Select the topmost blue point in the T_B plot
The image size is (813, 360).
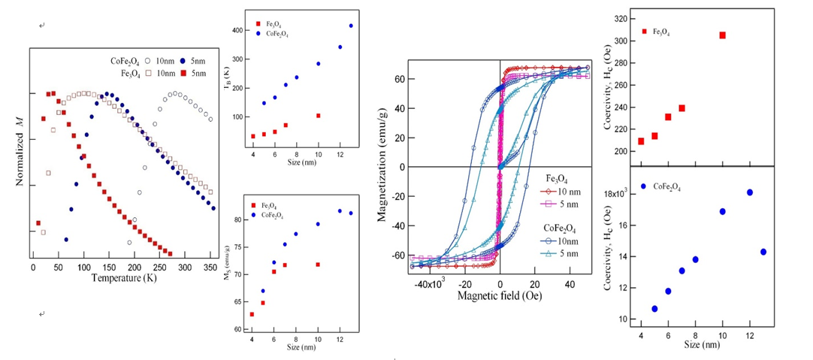tap(351, 26)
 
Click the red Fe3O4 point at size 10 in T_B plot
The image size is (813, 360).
tap(319, 116)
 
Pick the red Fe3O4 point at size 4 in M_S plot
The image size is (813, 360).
tap(252, 314)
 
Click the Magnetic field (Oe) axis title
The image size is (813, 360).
tap(500, 295)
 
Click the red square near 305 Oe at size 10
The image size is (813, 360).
tap(722, 35)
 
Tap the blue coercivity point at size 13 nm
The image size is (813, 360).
tap(763, 252)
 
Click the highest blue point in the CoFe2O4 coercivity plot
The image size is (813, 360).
tap(749, 192)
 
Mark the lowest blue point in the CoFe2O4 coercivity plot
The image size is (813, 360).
tap(654, 309)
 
